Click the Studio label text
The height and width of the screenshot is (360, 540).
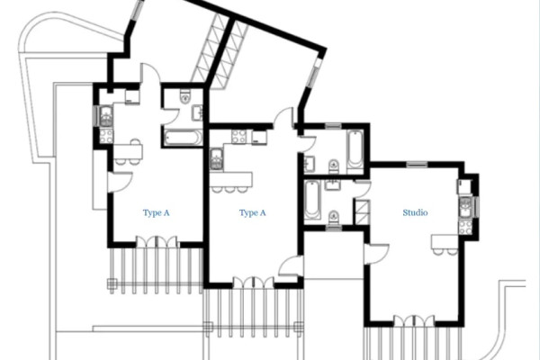pos(415,212)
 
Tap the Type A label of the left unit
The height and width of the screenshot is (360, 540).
pos(156,213)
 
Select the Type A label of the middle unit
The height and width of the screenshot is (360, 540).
pos(252,213)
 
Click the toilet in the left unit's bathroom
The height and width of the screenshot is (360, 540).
pos(184,96)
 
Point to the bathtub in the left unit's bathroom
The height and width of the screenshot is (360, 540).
pos(183,138)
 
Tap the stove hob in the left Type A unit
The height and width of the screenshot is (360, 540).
pos(105,136)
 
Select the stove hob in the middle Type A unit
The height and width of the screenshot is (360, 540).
pos(238,137)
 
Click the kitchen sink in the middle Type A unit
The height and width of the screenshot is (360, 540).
pos(216,159)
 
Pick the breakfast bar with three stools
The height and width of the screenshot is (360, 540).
pos(231,182)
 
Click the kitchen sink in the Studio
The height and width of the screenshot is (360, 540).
pos(465,207)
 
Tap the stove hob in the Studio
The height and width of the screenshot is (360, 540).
pos(465,228)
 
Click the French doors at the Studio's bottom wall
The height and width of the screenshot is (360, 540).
pos(414,321)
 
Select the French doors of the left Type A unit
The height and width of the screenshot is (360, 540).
pos(157,242)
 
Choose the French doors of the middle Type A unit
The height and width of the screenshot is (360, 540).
pos(254,283)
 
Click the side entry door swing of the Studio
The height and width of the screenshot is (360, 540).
pos(376,254)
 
